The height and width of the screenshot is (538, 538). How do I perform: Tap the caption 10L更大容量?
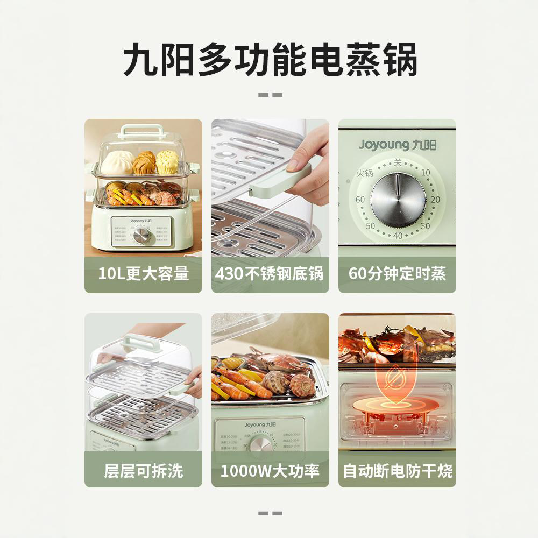point(143,274)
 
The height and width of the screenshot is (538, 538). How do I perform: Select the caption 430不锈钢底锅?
point(270,274)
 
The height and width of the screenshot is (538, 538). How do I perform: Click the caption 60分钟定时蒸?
point(397,274)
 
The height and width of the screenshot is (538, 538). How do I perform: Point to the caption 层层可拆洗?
point(143,471)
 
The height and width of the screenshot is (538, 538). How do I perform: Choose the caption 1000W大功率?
point(270,471)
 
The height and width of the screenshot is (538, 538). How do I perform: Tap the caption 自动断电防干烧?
point(397,471)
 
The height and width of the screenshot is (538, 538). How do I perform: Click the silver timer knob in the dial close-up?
point(398,199)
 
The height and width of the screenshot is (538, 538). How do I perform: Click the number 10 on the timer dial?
point(426,173)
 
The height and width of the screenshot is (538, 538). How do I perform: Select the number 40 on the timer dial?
point(398,236)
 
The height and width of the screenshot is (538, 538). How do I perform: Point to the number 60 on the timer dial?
point(360,200)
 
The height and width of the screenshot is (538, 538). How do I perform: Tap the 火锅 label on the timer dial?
point(364,173)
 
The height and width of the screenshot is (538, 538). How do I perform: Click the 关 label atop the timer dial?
point(398,161)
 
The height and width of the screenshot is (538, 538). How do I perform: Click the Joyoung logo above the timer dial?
point(397,145)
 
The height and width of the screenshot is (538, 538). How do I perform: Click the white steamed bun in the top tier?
point(118,162)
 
